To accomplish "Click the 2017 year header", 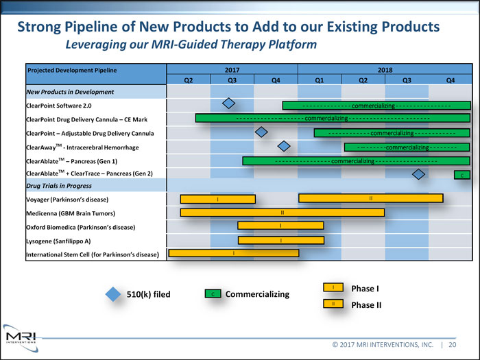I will click(232, 69).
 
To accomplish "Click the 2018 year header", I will click(384, 69).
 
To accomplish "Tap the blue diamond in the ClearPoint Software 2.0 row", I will click(230, 104).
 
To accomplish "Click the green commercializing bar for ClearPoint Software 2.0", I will click(376, 106).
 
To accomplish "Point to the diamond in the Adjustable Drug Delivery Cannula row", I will click(261, 132).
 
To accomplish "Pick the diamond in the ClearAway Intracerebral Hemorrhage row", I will click(284, 145).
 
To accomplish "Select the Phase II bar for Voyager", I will click(370, 198).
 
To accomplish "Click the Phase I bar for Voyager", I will click(217, 199).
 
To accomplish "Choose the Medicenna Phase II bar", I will click(282, 213).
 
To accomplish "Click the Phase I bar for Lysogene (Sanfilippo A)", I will click(281, 240).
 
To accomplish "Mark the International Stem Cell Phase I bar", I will click(233, 253).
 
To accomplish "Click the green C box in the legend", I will click(213, 294).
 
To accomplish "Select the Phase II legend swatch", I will click(333, 304).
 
